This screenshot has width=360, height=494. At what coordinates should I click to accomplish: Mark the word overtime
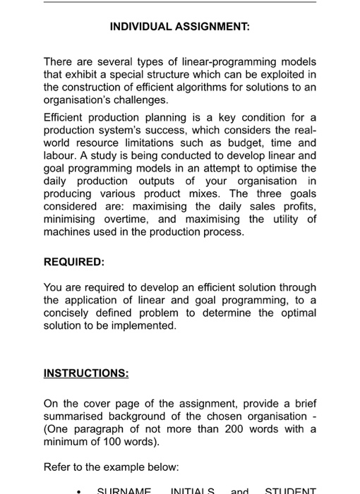[x=109, y=219]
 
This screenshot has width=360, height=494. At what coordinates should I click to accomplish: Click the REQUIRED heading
[x=73, y=261]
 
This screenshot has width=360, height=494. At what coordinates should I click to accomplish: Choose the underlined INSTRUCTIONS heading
[x=86, y=371]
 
